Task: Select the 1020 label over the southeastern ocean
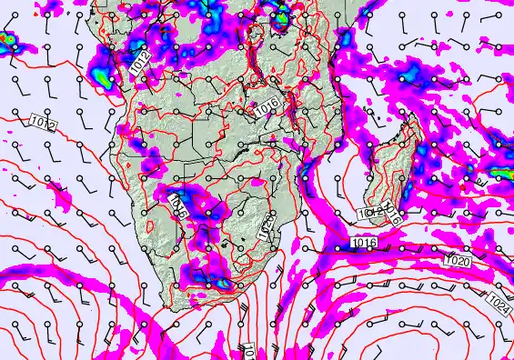point(457,260)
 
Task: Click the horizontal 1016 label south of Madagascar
point(363,243)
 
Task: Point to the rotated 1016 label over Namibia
point(179,205)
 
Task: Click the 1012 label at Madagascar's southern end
point(370,214)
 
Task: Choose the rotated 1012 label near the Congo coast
point(139,62)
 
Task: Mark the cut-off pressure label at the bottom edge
point(247,352)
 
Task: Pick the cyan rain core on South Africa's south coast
point(221,283)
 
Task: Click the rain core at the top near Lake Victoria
point(281,15)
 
